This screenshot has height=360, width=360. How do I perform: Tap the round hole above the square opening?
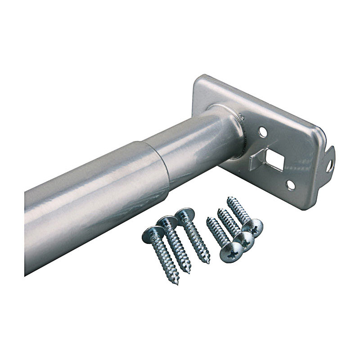[x=263, y=132]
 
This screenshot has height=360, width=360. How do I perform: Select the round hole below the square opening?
[x=290, y=184]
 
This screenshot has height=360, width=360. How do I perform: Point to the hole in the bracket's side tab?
[x=329, y=165]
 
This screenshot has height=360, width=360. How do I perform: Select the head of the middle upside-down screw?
[x=168, y=222]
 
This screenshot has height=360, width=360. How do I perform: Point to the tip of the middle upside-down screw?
[x=189, y=271]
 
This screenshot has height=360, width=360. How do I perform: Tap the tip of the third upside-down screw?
[x=208, y=261]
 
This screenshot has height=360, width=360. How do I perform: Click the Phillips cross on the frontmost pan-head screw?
[x=232, y=253]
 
